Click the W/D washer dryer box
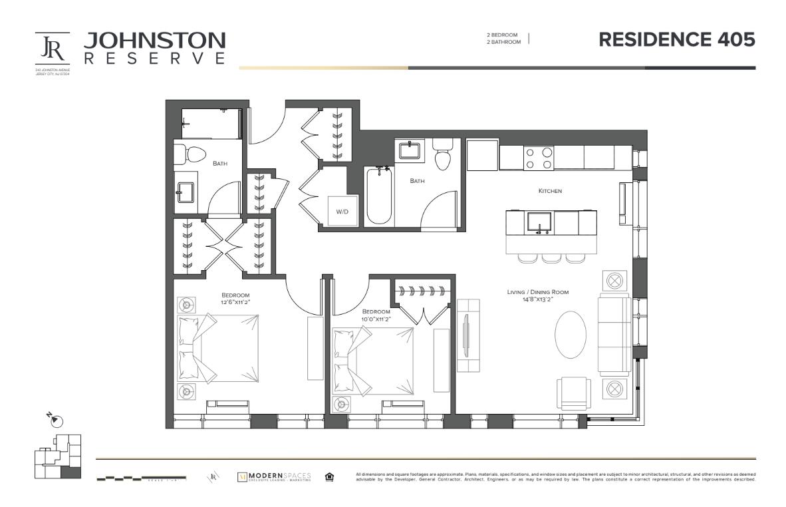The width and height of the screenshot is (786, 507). [342, 211]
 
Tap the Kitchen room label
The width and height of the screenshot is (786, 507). [550, 191]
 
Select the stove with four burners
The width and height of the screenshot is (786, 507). [539, 158]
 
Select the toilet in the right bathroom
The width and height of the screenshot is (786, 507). [442, 154]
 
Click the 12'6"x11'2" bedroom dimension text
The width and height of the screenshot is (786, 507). [235, 303]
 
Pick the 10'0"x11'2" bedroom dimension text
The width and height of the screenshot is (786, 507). [376, 319]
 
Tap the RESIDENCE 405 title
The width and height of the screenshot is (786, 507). [676, 39]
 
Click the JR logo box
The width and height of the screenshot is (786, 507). [53, 48]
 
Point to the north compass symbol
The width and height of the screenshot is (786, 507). [56, 421]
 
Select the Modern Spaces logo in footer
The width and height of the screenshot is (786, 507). [274, 477]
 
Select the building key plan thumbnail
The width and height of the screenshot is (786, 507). [57, 456]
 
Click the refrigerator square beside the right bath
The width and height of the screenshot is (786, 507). [482, 154]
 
